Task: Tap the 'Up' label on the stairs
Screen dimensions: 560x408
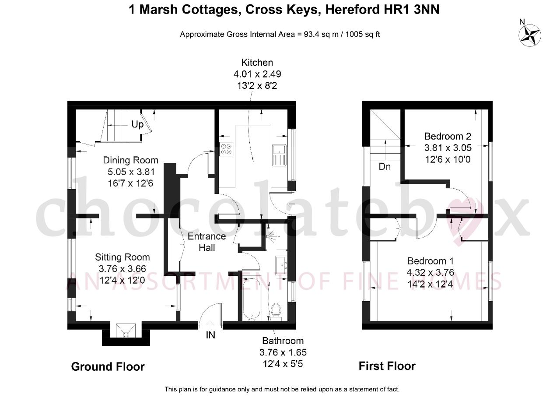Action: click(137, 124)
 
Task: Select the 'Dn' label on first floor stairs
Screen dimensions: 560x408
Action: click(385, 167)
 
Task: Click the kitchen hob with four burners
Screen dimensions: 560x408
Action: click(226, 149)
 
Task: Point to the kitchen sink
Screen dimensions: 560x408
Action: click(280, 155)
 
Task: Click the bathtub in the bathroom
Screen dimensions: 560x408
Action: click(252, 299)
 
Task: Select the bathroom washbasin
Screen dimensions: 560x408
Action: click(281, 265)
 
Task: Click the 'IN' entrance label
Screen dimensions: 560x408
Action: click(210, 335)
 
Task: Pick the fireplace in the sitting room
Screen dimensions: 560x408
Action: click(126, 331)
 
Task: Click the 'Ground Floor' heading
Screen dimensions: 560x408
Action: click(108, 367)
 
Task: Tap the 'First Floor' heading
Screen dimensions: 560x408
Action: click(387, 366)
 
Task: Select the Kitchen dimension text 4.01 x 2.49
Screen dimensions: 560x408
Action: click(257, 74)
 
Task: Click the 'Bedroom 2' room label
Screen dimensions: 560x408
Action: click(448, 136)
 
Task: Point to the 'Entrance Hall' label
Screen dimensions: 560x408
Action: click(207, 242)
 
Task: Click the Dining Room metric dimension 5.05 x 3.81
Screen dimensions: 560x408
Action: click(131, 172)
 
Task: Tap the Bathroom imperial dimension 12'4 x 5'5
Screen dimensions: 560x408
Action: click(283, 364)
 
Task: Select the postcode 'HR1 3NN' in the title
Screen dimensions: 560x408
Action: click(382, 10)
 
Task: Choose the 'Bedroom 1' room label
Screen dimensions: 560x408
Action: click(430, 261)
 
